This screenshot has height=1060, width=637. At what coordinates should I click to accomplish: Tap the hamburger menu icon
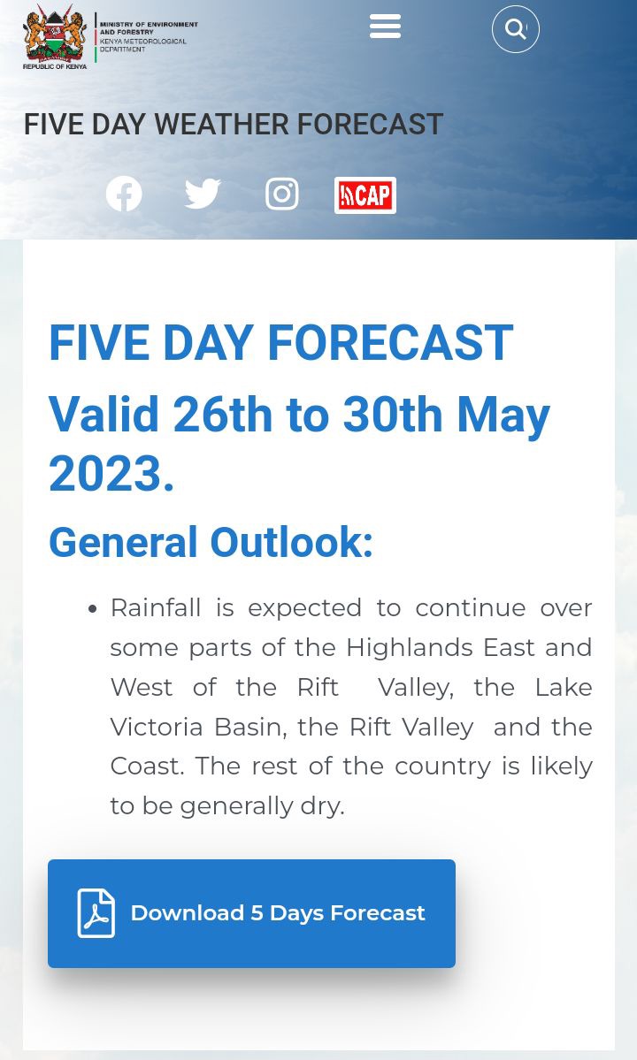point(386,27)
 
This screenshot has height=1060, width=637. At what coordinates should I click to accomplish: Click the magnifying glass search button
point(515,29)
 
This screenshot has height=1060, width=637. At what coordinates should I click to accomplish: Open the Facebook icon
point(124,194)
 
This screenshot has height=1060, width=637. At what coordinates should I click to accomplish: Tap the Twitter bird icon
point(203,194)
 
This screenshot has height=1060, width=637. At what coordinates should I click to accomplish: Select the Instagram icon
point(282,194)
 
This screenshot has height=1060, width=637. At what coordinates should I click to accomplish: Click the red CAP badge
point(365,195)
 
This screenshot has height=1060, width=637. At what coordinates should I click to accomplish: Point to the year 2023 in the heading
point(111,473)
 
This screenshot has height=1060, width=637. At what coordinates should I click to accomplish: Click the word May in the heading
point(503,416)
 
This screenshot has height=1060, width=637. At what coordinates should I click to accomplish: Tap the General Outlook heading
point(211,542)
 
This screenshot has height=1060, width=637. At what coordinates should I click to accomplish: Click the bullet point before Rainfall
point(93,609)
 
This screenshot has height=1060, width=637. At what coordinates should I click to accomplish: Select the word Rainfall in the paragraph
point(156,607)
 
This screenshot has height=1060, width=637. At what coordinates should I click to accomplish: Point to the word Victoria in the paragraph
point(157,727)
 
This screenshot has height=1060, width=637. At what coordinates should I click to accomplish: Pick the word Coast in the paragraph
point(146,766)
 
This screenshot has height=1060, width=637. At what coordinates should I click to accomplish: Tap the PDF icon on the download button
point(96,913)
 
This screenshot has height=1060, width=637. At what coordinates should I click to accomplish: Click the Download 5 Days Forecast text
point(278,913)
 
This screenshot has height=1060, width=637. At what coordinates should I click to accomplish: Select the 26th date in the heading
point(222,414)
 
